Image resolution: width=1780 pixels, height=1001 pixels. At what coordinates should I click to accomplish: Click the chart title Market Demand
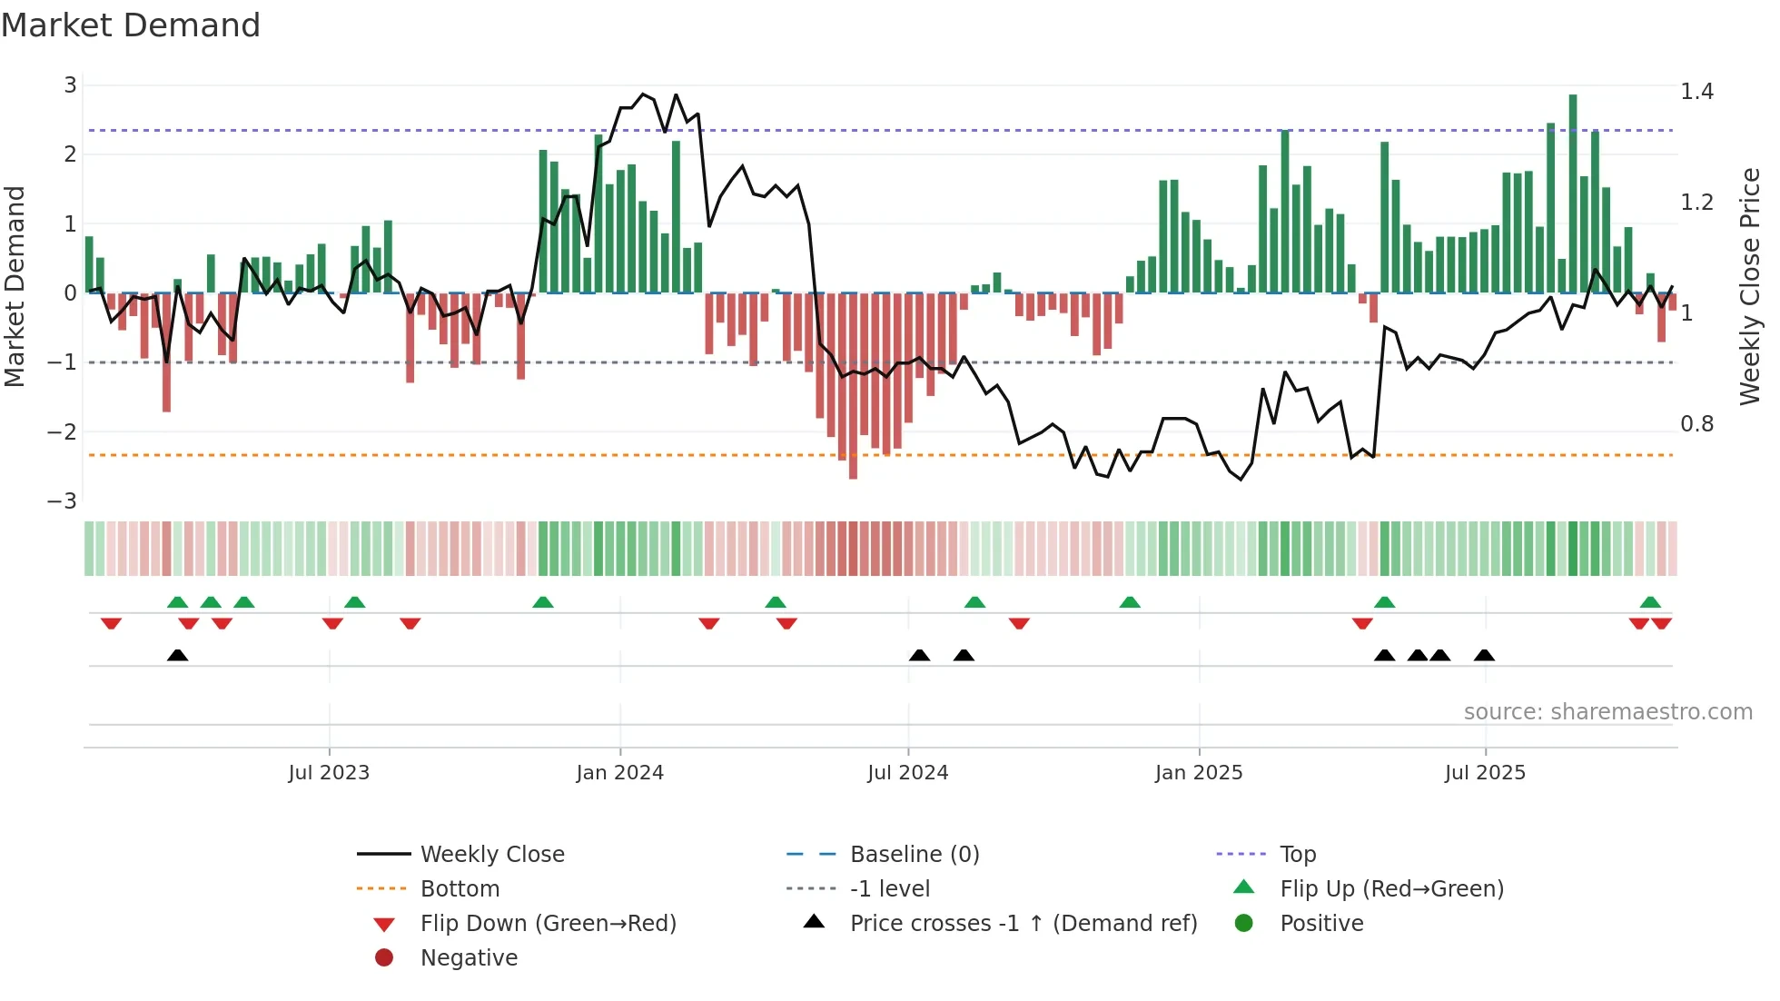click(x=131, y=25)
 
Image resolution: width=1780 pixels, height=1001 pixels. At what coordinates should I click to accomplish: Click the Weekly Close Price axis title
click(x=1749, y=286)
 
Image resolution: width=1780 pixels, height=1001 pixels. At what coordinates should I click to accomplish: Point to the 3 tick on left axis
click(x=70, y=85)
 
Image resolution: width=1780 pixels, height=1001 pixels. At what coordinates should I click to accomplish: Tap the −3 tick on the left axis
click(x=63, y=501)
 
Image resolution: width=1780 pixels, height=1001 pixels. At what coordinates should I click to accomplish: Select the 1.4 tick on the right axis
click(x=1696, y=92)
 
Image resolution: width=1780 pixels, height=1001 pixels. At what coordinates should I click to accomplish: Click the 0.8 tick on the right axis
click(x=1696, y=424)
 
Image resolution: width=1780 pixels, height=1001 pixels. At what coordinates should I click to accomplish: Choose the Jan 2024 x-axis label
click(x=619, y=773)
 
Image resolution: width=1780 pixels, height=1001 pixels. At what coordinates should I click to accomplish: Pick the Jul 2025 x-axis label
click(x=1485, y=773)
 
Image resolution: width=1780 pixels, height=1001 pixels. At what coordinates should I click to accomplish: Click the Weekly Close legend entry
click(x=491, y=854)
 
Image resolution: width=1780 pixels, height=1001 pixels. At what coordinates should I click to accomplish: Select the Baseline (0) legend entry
click(x=914, y=854)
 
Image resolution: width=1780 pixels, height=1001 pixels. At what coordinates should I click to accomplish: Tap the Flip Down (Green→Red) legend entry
click(x=548, y=924)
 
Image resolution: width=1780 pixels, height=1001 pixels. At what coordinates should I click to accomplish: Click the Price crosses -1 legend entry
click(x=1023, y=924)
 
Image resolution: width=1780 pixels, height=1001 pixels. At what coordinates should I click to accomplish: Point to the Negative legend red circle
click(x=384, y=957)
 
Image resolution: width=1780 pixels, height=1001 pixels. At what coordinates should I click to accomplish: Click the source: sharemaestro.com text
click(x=1607, y=712)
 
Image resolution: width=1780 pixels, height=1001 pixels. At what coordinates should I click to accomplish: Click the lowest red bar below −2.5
click(x=853, y=385)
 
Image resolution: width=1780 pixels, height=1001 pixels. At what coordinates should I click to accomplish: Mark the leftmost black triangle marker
click(x=178, y=655)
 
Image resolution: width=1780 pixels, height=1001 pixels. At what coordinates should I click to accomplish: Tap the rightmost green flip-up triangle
click(x=1650, y=602)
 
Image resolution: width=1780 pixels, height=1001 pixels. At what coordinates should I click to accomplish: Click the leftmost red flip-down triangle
click(x=111, y=623)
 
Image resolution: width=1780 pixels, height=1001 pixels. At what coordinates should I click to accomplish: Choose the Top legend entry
click(x=1297, y=854)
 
